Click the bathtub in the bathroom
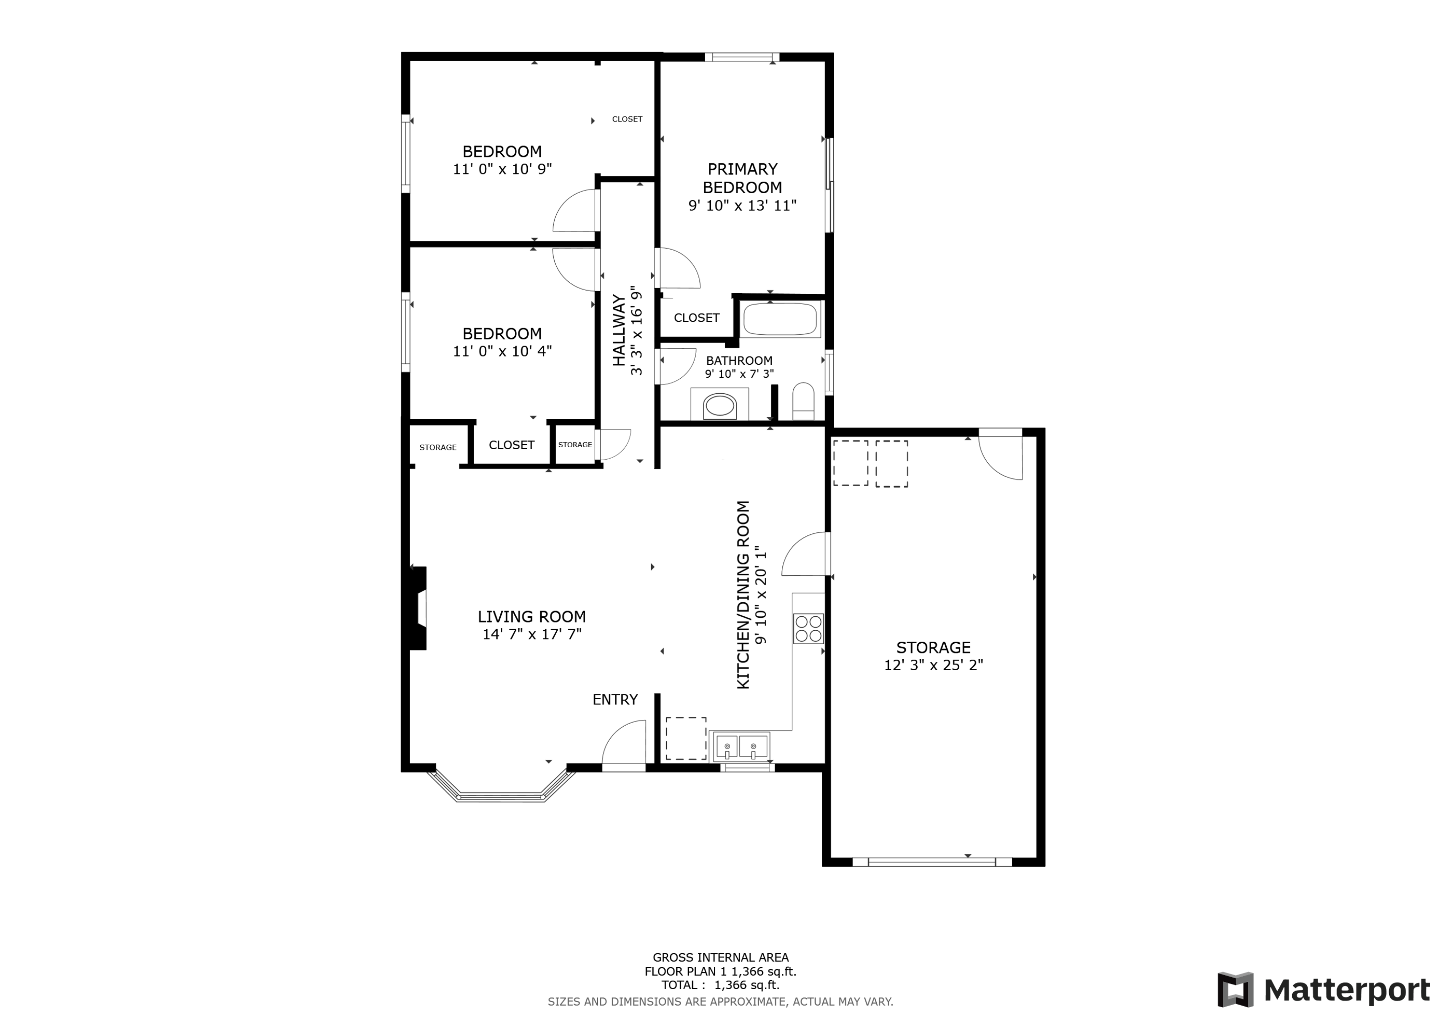(780, 319)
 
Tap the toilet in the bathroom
(803, 401)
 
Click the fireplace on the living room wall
(417, 608)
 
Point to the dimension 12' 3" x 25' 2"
(933, 665)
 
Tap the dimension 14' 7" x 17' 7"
(532, 634)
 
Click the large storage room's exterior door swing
(1000, 455)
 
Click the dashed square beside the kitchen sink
(686, 738)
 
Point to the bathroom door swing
(676, 367)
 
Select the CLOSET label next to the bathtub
(696, 318)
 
